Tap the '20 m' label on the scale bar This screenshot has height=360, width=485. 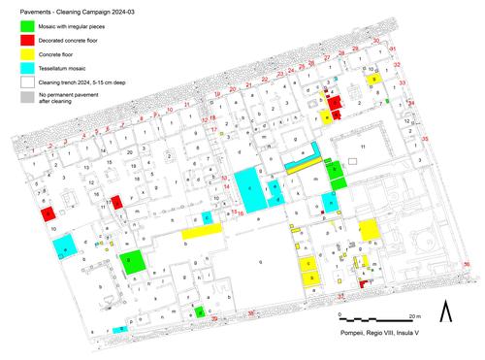click(x=412, y=316)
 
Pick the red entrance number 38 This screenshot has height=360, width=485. click(x=250, y=313)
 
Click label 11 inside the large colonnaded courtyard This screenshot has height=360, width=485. click(x=364, y=146)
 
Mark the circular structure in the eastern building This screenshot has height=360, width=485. click(x=427, y=240)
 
